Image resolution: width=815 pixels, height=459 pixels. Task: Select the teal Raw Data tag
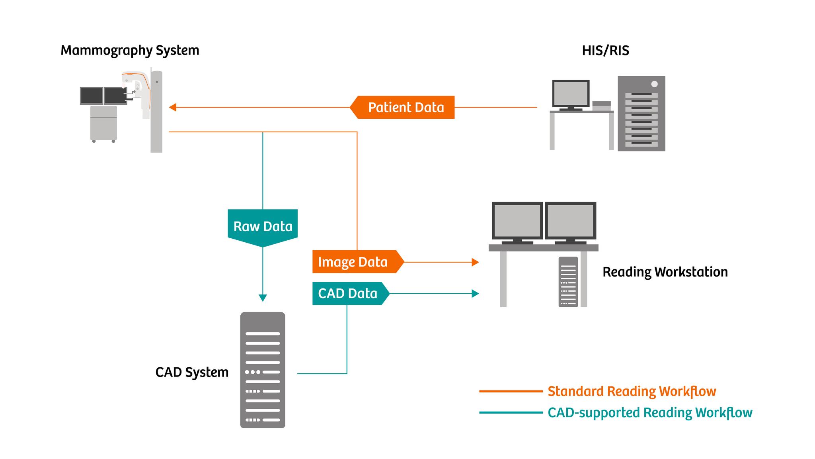[263, 226]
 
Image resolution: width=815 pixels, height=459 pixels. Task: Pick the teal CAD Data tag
[348, 294]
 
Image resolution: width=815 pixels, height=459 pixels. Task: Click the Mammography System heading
[130, 50]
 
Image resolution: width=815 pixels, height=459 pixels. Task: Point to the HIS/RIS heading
[605, 51]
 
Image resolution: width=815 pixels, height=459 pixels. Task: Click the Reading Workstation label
[665, 272]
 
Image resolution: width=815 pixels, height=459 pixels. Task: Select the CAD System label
[192, 372]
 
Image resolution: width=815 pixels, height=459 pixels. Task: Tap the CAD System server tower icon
[263, 370]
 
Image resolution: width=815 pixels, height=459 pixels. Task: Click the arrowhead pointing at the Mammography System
[172, 107]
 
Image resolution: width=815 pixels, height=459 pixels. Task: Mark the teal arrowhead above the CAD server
[263, 298]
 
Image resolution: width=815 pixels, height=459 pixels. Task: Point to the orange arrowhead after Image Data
[475, 262]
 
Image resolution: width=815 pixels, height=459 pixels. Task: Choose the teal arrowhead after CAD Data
[475, 294]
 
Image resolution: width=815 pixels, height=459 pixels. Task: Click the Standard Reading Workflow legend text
[632, 391]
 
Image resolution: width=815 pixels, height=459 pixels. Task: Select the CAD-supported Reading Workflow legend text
[649, 413]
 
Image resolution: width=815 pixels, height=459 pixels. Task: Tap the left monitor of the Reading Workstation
[517, 220]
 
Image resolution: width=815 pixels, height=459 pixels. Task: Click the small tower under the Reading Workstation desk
[568, 282]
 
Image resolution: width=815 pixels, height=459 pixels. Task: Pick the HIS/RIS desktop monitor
[571, 93]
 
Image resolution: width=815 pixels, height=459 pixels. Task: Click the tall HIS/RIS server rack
[641, 114]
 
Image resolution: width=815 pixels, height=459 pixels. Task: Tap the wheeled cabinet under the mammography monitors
[103, 123]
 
